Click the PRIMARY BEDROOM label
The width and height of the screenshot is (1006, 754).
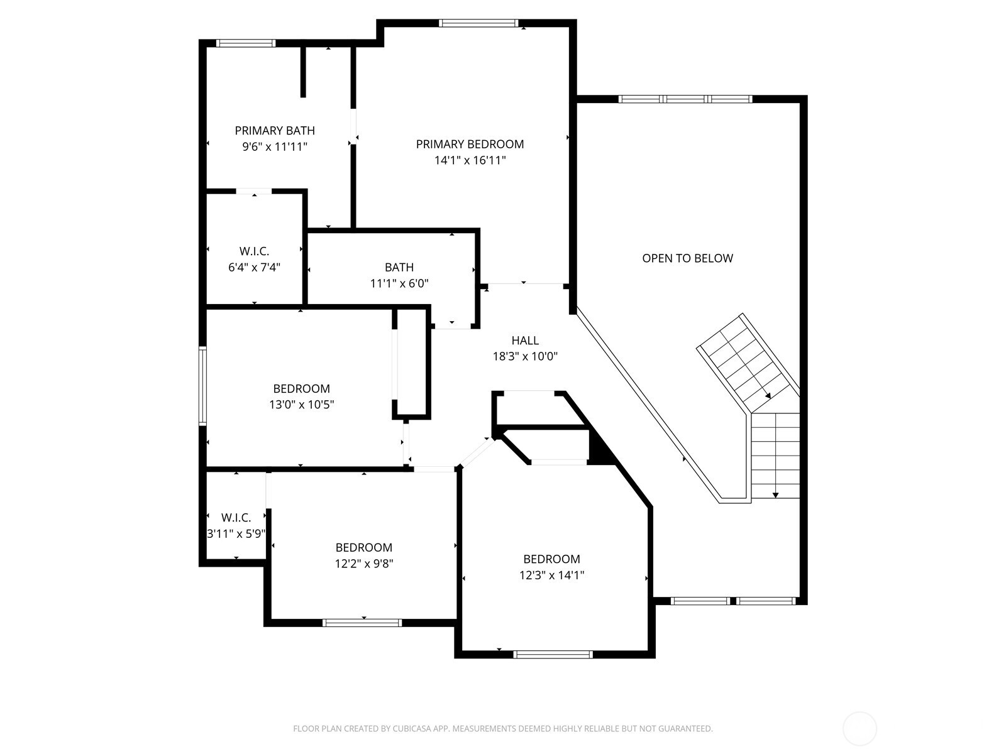470,144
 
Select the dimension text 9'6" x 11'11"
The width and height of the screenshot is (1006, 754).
275,147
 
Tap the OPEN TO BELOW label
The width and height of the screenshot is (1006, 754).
687,258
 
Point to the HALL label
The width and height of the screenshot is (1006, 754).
525,341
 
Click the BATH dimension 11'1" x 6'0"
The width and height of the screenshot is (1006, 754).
399,283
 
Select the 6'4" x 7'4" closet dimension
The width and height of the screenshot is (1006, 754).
254,267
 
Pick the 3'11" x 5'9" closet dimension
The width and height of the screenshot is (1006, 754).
236,534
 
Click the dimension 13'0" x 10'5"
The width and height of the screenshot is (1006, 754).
301,405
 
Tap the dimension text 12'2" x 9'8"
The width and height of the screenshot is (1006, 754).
363,564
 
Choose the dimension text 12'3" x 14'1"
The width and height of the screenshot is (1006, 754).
551,575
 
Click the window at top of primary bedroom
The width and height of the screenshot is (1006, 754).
478,24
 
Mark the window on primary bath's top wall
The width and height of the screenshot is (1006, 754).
246,43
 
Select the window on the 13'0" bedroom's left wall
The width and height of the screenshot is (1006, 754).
202,386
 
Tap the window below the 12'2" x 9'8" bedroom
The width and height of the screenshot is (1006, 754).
362,623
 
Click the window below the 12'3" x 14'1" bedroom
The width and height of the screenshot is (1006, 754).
553,654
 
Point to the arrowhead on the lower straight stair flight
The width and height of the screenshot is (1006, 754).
776,495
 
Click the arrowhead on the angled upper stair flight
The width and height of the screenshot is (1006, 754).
768,395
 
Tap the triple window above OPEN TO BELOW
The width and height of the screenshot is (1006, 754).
685,99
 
